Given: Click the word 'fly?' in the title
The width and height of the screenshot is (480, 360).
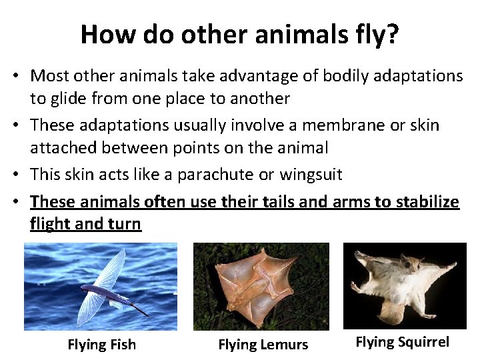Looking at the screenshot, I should coord(374,35).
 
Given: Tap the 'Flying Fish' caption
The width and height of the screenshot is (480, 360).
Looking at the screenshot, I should coord(101,345).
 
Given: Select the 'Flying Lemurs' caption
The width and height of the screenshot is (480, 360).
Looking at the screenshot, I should coord(263,345).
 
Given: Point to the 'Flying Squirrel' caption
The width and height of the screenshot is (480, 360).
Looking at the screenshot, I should coord(402,342).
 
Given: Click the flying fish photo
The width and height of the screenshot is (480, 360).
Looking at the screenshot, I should coord(101,286).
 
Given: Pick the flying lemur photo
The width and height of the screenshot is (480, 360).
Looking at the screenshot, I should coord(261,286).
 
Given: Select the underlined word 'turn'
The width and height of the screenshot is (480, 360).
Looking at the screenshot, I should coord(125,224).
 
